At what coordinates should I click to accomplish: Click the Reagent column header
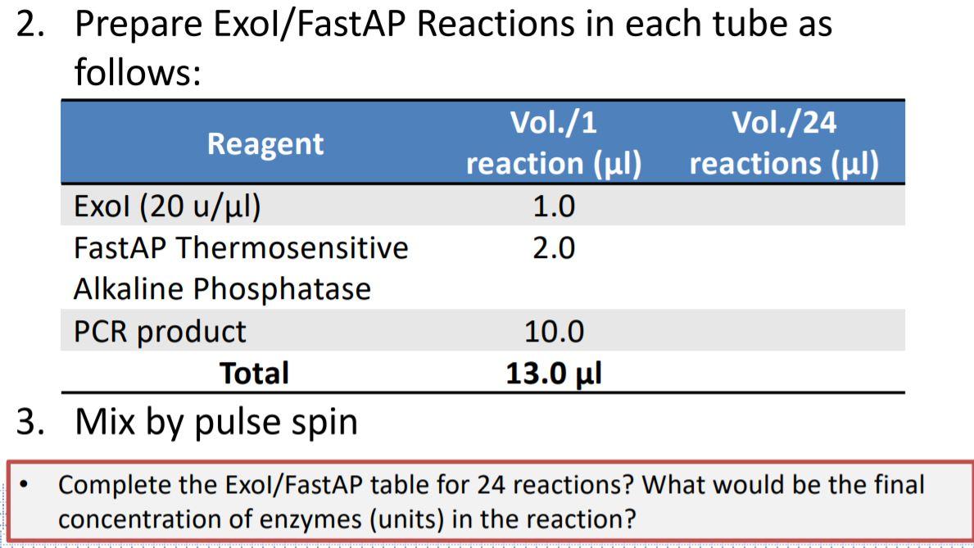(x=265, y=144)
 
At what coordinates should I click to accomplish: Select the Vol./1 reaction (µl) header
(x=553, y=144)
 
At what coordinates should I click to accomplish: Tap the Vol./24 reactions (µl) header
(x=784, y=144)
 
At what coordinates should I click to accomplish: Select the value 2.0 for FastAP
(x=553, y=247)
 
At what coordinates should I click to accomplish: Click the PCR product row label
(x=160, y=331)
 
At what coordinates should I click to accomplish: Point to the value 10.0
(x=553, y=331)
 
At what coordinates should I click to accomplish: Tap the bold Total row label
(x=253, y=374)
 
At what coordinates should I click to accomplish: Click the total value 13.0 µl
(x=553, y=374)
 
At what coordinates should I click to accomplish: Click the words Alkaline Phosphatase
(x=222, y=288)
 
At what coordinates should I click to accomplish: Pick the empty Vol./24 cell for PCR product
(x=784, y=331)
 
